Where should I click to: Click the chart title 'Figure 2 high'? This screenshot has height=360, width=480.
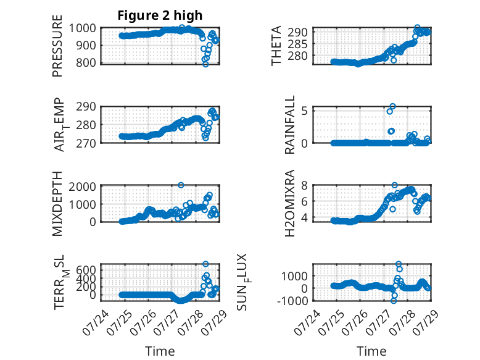click(160, 15)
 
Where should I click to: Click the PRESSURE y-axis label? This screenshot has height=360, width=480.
click(57, 46)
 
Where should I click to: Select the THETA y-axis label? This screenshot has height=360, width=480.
click(276, 46)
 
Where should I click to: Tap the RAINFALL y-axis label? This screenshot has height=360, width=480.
click(289, 125)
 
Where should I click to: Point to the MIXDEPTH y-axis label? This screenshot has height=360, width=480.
click(57, 204)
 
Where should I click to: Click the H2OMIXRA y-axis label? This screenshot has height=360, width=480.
click(289, 203)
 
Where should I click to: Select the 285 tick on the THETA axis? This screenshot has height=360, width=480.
click(297, 44)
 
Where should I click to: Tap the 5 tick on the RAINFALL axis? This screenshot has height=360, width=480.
click(304, 111)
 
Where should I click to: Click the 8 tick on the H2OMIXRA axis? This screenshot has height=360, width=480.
click(304, 185)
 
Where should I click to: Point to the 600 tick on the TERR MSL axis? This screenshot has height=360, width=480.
click(86, 270)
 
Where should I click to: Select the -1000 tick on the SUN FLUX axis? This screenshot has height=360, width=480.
click(292, 301)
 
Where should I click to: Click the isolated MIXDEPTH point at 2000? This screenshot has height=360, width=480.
click(181, 185)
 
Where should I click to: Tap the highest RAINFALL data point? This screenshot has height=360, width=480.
click(392, 106)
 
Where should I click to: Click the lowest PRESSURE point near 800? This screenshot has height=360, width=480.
click(205, 64)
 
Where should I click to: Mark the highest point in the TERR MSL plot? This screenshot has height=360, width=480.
click(205, 264)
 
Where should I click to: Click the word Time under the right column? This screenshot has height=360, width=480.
click(371, 351)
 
